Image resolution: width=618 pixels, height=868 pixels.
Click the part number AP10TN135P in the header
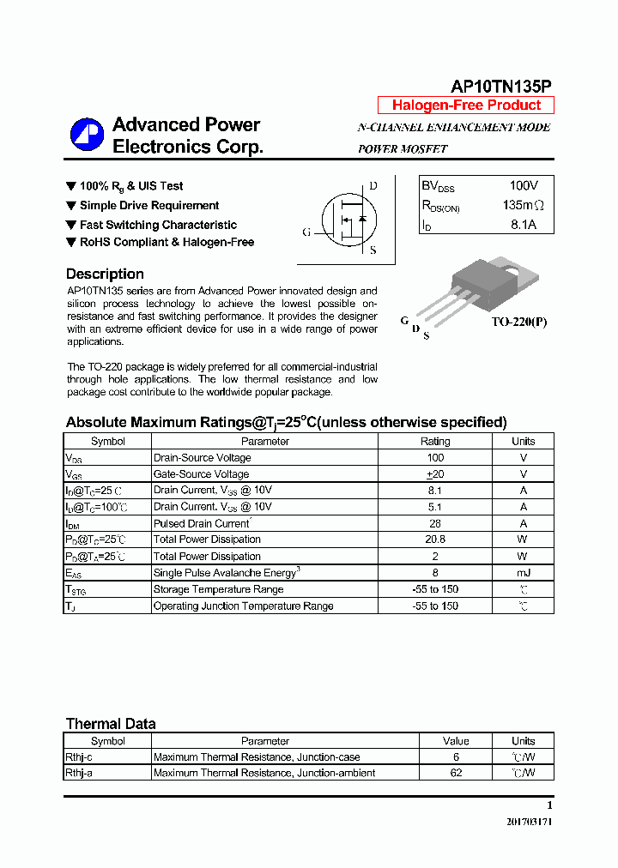(501, 86)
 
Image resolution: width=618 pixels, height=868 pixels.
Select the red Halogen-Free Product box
(466, 105)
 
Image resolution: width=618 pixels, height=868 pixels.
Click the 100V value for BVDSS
(523, 186)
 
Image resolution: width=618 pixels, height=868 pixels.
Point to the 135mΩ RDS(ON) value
(523, 206)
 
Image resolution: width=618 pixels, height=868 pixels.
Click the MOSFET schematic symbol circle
(348, 220)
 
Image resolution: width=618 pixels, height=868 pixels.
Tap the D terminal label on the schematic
(373, 186)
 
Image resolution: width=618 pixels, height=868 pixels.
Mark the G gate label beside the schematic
(306, 232)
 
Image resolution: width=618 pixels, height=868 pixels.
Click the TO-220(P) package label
(518, 322)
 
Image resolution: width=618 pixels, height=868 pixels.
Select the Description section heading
(105, 274)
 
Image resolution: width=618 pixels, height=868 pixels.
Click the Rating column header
(435, 441)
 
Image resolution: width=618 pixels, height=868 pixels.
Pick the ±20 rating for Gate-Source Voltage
(435, 474)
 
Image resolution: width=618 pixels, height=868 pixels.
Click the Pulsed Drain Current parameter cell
(202, 523)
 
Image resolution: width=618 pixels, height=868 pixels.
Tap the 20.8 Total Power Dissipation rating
(435, 539)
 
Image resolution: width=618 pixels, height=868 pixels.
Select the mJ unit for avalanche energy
(523, 573)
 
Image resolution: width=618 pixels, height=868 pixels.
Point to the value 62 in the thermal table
(456, 773)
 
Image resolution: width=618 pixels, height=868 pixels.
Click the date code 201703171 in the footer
(529, 822)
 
